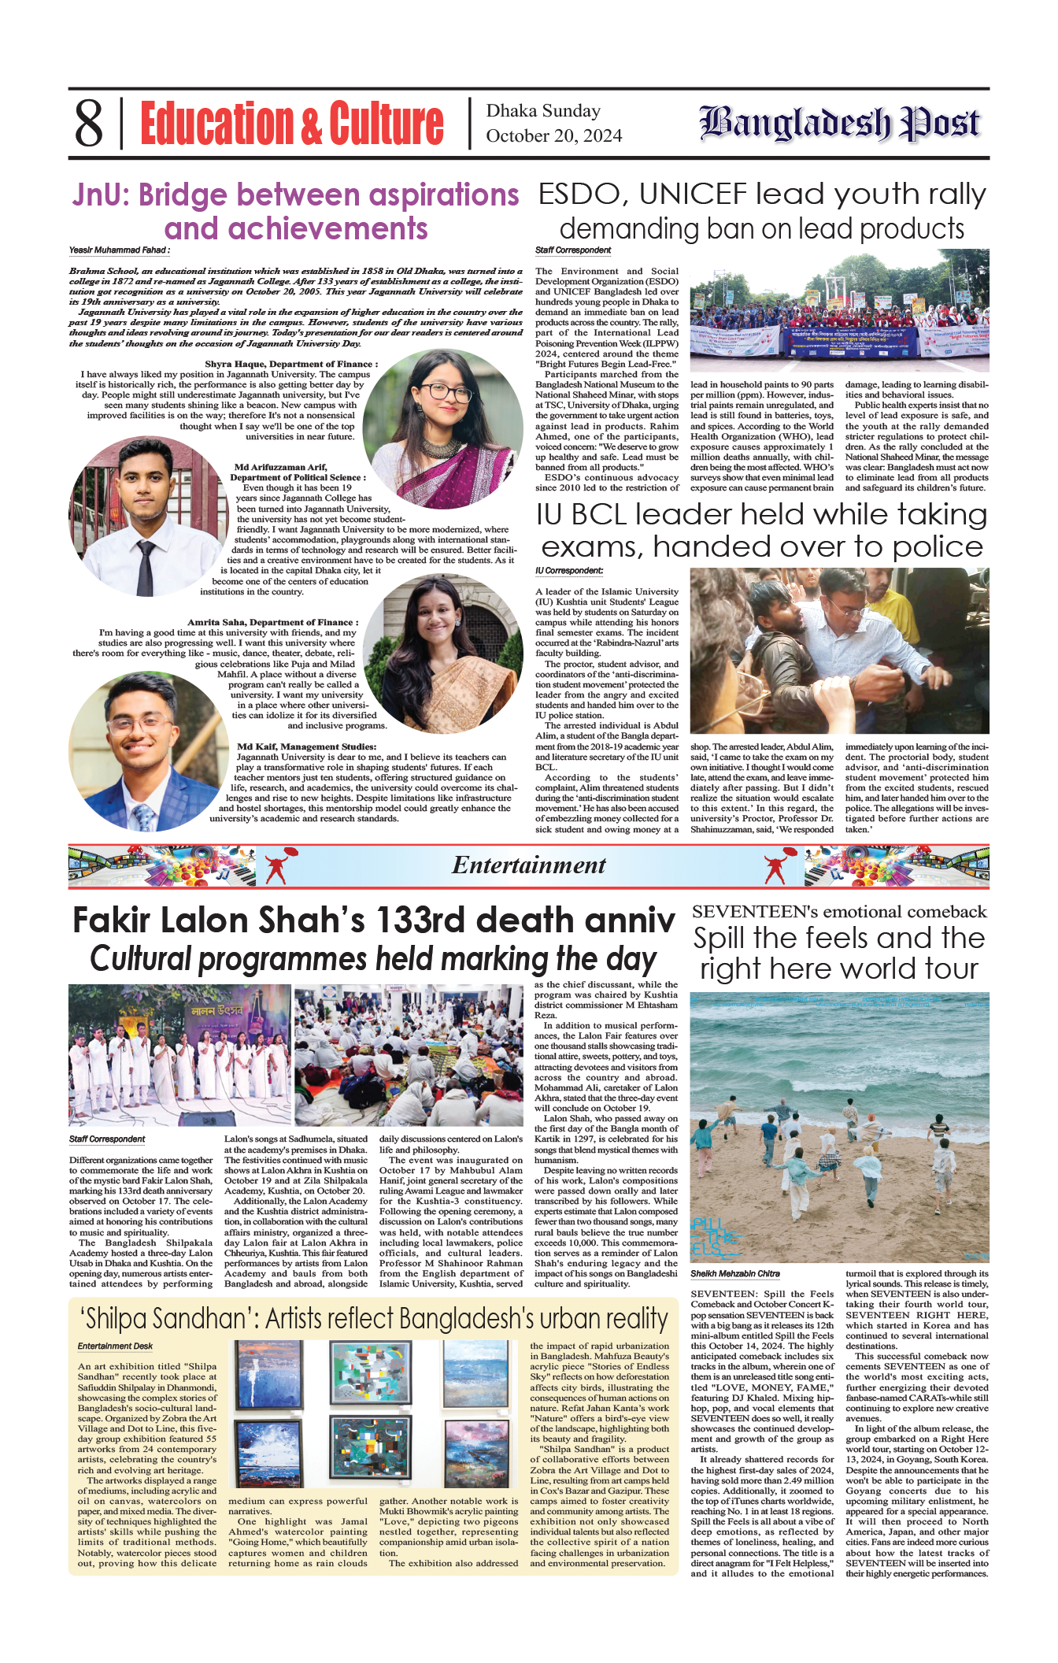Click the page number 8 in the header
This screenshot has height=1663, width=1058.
tap(88, 124)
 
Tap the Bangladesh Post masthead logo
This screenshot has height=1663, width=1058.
tap(840, 123)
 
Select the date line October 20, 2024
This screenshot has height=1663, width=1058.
tap(553, 136)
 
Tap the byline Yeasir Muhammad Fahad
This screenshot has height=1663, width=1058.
tap(119, 250)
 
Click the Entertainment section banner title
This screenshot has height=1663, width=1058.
tap(528, 865)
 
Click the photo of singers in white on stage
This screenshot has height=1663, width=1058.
tap(179, 1054)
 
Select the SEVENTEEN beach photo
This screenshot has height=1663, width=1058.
tap(839, 1127)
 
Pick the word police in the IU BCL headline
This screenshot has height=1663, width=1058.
tap(938, 546)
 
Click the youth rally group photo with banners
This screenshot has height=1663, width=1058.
tap(839, 310)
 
